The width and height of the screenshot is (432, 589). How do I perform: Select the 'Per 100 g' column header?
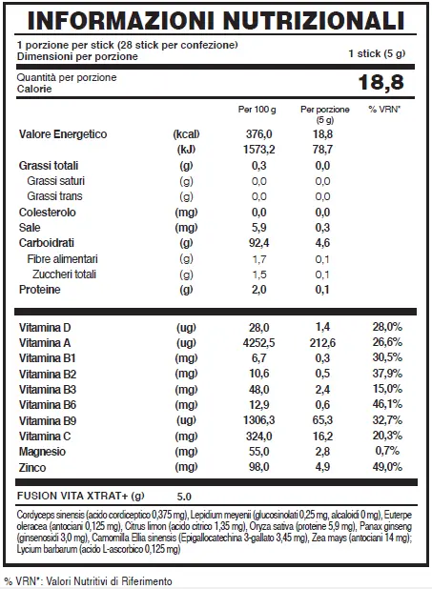click(257, 110)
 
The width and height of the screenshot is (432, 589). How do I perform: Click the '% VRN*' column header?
click(384, 110)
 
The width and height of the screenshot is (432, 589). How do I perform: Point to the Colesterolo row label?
click(48, 213)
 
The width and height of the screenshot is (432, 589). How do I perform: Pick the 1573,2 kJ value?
click(258, 150)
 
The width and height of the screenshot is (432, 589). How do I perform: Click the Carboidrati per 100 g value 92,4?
click(258, 243)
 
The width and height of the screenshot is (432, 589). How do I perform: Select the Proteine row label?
click(39, 290)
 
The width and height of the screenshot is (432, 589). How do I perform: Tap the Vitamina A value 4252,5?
click(258, 343)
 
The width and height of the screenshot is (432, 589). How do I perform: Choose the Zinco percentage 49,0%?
click(387, 467)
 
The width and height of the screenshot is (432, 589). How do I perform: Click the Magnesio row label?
click(42, 452)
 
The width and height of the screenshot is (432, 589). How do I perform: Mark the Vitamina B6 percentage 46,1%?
click(387, 404)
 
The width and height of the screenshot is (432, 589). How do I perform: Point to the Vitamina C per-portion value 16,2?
click(322, 437)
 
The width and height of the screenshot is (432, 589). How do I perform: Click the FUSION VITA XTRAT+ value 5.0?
click(184, 497)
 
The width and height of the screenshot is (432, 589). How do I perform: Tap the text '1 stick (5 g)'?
click(377, 53)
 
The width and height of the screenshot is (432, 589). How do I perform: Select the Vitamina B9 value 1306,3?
click(258, 420)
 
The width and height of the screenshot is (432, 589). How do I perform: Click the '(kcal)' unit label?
click(186, 134)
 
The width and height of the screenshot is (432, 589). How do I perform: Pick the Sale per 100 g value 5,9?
click(258, 228)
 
